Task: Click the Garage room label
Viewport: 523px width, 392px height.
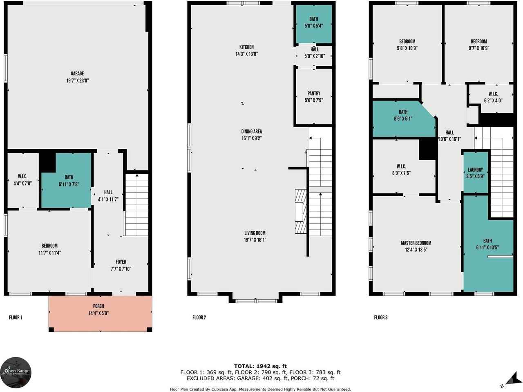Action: click(x=77, y=74)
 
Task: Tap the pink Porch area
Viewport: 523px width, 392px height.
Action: click(x=101, y=314)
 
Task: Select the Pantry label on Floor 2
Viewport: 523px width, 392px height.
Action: click(x=314, y=94)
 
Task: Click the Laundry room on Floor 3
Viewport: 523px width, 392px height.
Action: click(x=476, y=172)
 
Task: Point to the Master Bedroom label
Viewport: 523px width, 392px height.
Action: click(x=416, y=243)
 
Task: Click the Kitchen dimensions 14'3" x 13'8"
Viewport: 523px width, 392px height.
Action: click(x=247, y=54)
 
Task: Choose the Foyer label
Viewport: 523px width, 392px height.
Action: click(x=121, y=262)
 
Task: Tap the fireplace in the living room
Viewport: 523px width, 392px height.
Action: click(x=301, y=211)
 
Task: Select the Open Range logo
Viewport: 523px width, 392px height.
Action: click(x=16, y=372)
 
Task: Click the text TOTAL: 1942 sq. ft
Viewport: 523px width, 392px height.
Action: click(x=260, y=366)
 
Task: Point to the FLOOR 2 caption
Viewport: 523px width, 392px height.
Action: click(x=199, y=318)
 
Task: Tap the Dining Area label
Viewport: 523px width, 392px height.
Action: click(x=252, y=132)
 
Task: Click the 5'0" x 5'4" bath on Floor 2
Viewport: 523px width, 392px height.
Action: click(x=313, y=24)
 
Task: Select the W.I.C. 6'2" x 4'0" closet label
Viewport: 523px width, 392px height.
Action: click(x=493, y=97)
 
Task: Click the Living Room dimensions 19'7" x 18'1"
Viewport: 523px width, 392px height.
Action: click(x=255, y=240)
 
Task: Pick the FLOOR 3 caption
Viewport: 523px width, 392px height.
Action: click(x=381, y=318)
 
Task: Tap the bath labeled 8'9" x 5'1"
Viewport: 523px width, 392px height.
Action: click(x=403, y=119)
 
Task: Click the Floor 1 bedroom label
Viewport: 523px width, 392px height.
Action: click(x=49, y=246)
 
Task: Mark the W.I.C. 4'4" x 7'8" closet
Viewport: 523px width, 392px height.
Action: click(x=23, y=180)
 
